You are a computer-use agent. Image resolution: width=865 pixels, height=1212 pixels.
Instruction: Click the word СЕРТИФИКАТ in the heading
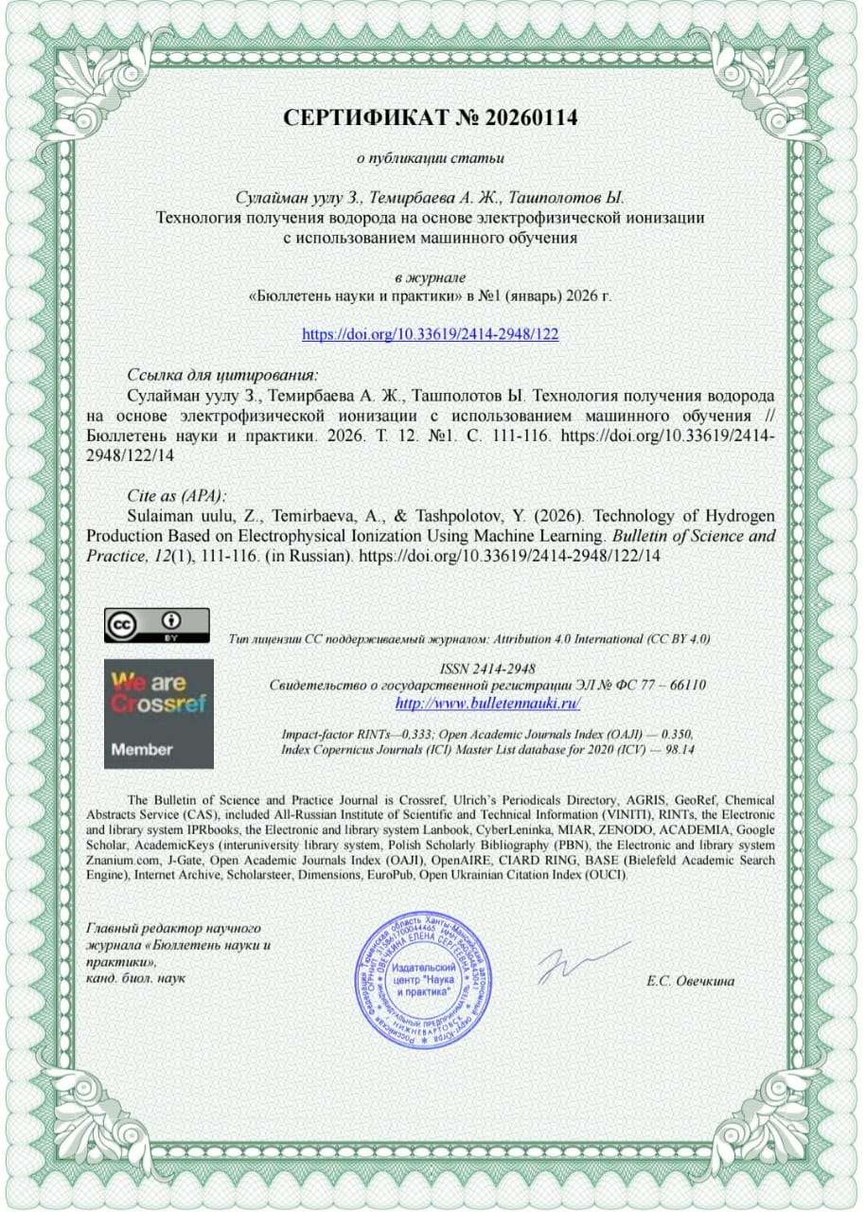point(365,118)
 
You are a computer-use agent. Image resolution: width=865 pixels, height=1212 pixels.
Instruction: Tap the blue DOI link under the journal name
point(436,334)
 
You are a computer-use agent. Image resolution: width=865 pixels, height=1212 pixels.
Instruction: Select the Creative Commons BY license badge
point(156,625)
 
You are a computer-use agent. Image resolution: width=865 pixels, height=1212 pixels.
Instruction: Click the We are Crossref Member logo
point(158,714)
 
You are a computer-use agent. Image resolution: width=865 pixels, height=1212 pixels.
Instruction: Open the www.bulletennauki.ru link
point(486,703)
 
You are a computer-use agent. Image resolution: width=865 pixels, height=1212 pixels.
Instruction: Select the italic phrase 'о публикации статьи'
point(430,157)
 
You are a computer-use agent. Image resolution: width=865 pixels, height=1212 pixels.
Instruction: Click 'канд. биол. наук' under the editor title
point(135,976)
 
